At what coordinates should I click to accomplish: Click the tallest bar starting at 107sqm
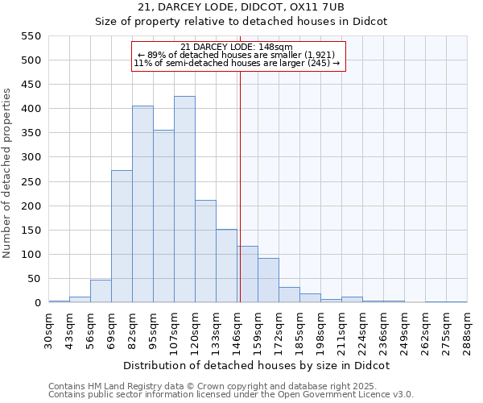click(x=184, y=199)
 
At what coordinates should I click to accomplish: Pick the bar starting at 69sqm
click(x=122, y=236)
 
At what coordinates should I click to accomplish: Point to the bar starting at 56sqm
click(x=101, y=291)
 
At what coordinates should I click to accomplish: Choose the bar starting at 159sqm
click(x=268, y=280)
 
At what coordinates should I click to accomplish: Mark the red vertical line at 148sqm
click(x=240, y=201)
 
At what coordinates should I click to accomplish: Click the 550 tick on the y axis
click(x=30, y=36)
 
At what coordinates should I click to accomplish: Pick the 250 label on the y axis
click(x=30, y=182)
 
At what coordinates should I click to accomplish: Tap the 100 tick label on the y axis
click(x=30, y=255)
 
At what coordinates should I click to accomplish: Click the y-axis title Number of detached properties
click(x=8, y=173)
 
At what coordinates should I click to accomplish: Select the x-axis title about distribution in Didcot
click(x=258, y=365)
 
